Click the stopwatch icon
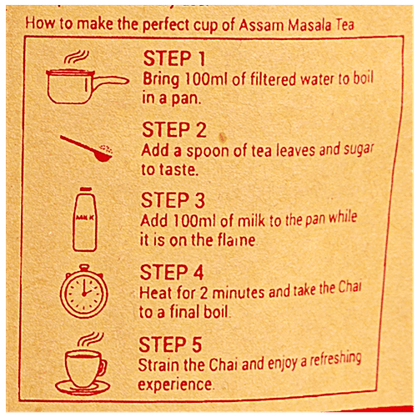coord(83,292)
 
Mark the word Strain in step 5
coord(163,365)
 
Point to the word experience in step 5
coord(176,384)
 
